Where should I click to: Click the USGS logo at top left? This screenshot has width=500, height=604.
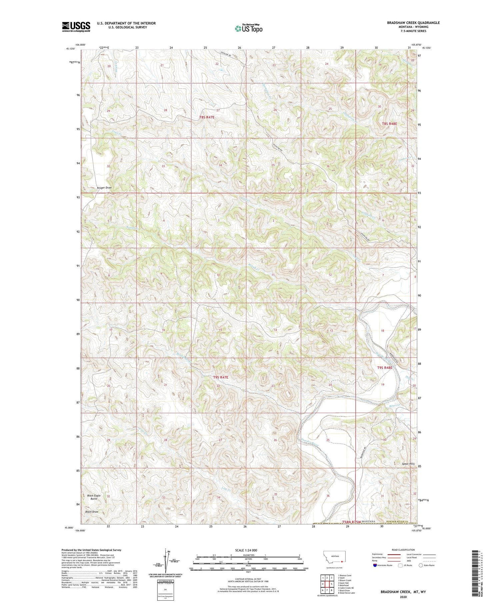tap(76, 27)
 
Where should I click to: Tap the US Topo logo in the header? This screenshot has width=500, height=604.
tap(248, 29)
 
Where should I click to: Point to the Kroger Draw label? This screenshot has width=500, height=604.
tap(104, 188)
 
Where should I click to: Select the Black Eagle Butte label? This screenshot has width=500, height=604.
tap(94, 497)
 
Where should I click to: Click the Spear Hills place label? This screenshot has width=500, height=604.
tap(407, 464)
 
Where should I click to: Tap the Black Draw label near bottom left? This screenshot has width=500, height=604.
tap(92, 511)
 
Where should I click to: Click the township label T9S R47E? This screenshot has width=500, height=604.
tap(221, 377)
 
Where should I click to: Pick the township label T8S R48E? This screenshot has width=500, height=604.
tap(389, 124)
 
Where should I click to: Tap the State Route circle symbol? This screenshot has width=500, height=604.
tap(421, 565)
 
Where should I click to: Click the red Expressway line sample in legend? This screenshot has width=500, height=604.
tap(395, 555)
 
